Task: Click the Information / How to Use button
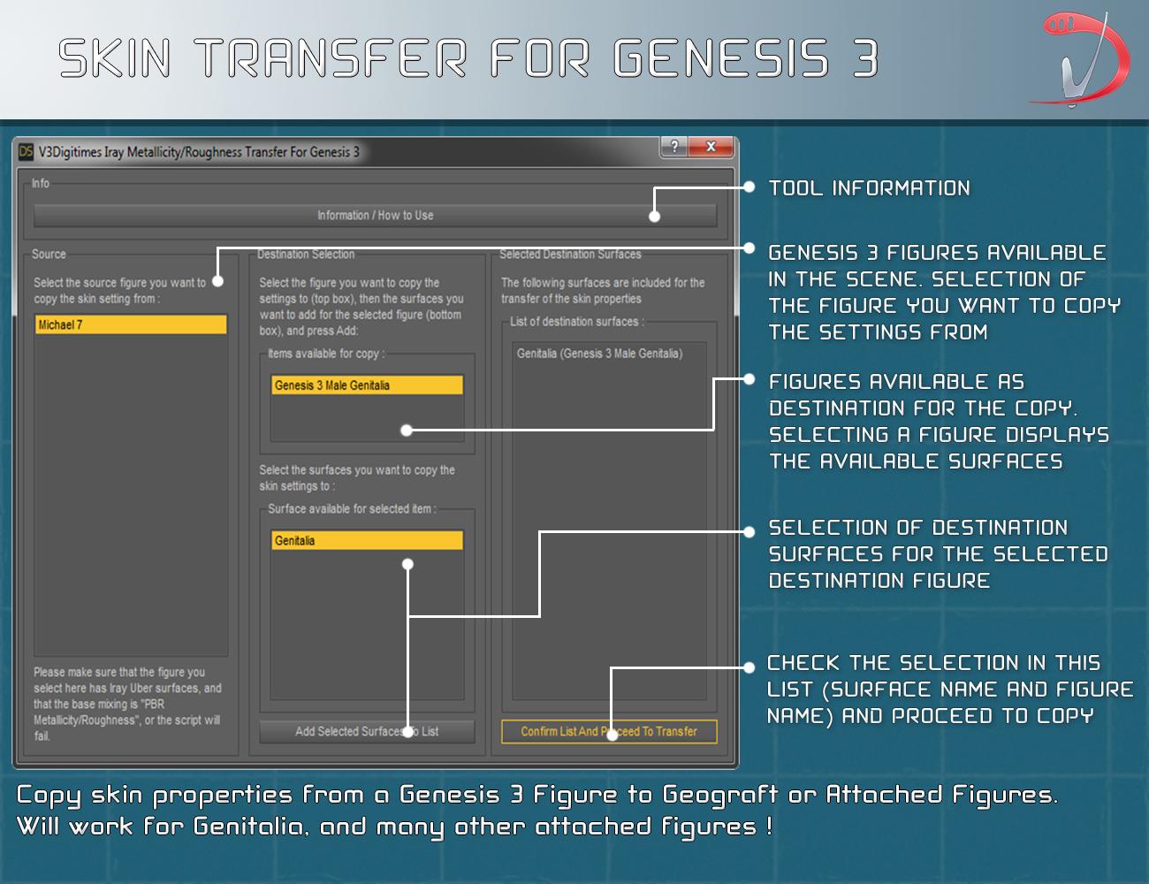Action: pos(375,215)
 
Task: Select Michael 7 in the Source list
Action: pos(131,324)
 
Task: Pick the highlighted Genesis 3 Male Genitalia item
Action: pos(367,385)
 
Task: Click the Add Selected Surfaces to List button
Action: pos(367,731)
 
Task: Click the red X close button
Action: pos(711,147)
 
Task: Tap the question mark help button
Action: pos(674,147)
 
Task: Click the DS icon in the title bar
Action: pos(26,152)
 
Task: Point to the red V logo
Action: pos(1081,58)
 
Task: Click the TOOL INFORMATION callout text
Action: pos(870,188)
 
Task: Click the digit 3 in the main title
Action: pos(865,57)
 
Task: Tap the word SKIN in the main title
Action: pos(114,57)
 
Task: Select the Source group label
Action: pos(49,254)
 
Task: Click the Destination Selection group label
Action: pos(306,254)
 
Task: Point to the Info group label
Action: pos(40,184)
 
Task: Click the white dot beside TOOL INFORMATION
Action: pos(750,187)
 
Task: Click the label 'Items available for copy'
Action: pos(326,354)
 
